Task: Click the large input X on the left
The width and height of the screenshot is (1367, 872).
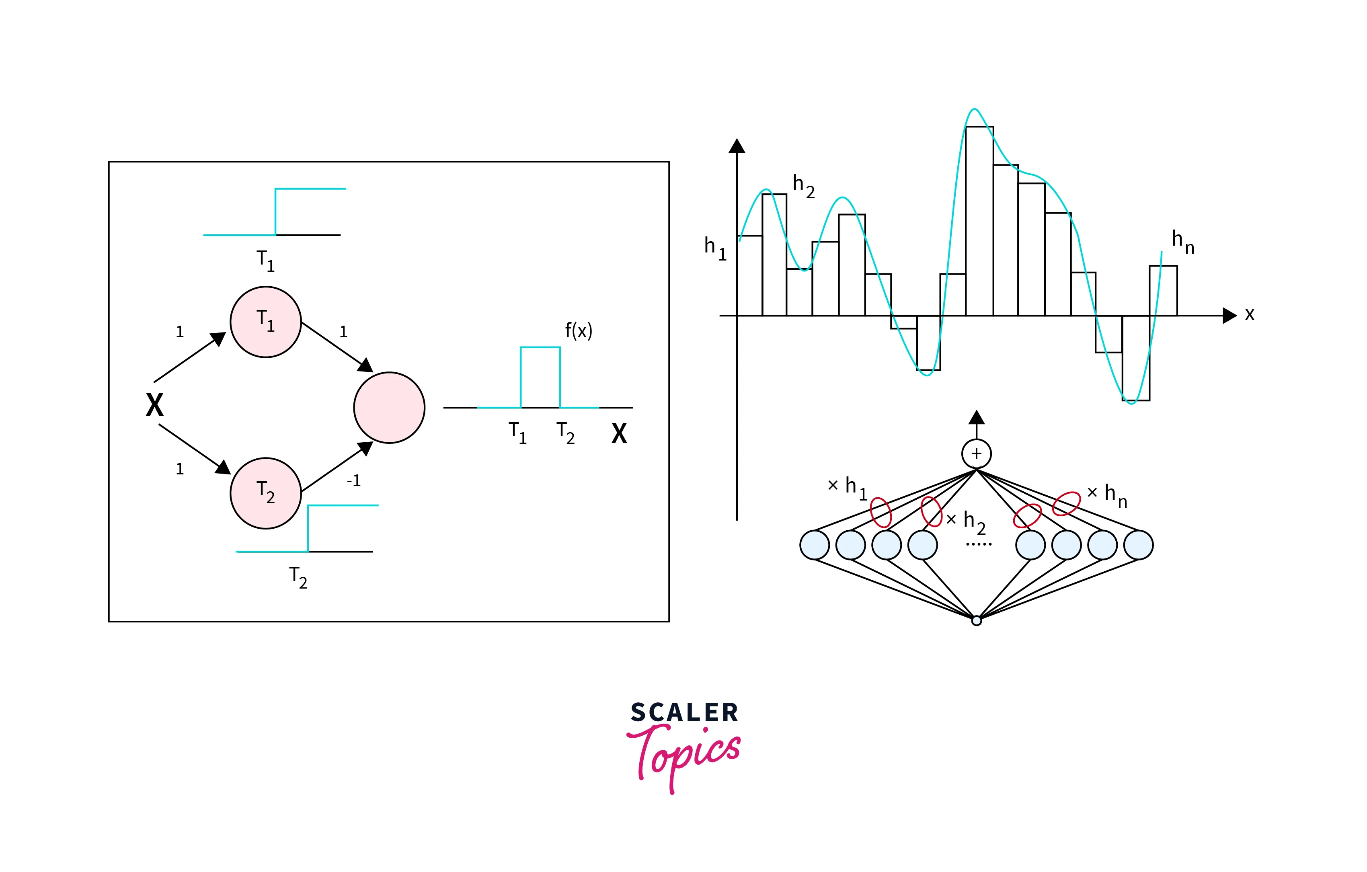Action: (154, 405)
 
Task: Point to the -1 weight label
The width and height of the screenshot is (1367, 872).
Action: (354, 481)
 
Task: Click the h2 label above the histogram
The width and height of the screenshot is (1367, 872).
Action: (803, 186)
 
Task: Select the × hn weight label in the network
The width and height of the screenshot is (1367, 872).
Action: (1106, 494)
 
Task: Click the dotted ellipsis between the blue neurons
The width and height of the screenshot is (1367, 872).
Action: (979, 544)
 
